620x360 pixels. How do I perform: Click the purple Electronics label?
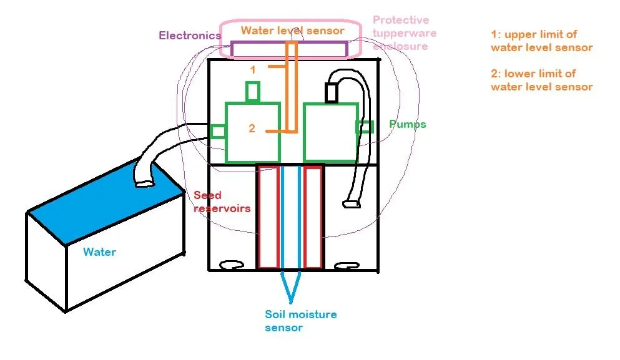click(x=189, y=36)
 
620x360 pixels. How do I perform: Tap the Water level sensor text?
click(x=292, y=30)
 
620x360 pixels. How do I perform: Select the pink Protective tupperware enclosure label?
click(x=404, y=33)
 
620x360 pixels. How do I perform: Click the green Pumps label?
click(x=407, y=124)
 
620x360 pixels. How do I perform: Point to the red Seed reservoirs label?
click(x=221, y=202)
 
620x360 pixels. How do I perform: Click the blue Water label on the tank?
click(x=99, y=252)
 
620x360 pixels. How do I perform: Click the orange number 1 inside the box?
click(x=253, y=70)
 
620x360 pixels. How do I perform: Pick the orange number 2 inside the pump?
click(x=252, y=129)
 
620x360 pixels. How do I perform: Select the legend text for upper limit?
click(x=541, y=41)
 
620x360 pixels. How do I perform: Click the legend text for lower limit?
click(x=541, y=80)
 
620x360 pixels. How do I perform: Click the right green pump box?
click(x=330, y=132)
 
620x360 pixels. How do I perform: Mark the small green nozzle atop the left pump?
click(x=252, y=92)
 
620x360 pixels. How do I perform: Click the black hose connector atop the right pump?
click(x=331, y=93)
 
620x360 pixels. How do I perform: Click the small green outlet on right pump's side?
click(x=365, y=127)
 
